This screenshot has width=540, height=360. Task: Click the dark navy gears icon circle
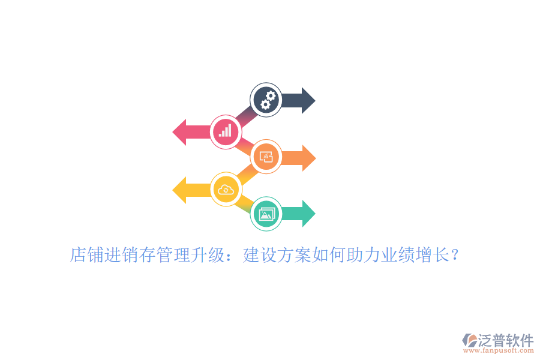coord(266,100)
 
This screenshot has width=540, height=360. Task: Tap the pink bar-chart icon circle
coord(226,132)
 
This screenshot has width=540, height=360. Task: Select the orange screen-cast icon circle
coord(266,157)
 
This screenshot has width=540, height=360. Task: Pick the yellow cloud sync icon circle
coord(226,190)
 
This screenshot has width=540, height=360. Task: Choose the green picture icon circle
coord(266,214)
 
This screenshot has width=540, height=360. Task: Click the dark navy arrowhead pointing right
coord(308,101)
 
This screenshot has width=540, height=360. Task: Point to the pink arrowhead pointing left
coord(179,132)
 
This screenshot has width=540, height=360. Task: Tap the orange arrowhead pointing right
coord(309,158)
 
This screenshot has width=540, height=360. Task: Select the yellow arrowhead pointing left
coord(179,190)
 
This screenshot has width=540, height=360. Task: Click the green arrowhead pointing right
coord(308,214)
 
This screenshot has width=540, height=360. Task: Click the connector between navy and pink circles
coord(246,116)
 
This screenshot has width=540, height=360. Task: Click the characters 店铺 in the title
coord(87,255)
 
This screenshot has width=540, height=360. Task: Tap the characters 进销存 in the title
coord(130,255)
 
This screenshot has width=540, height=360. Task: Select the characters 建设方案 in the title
coord(277,255)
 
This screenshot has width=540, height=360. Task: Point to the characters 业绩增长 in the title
coord(416,255)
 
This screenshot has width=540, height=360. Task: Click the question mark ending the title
coord(455,255)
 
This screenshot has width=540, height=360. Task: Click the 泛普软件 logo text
coord(506,341)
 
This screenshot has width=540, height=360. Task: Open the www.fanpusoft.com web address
coord(499,350)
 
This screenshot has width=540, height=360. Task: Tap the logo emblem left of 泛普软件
coord(470,340)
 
